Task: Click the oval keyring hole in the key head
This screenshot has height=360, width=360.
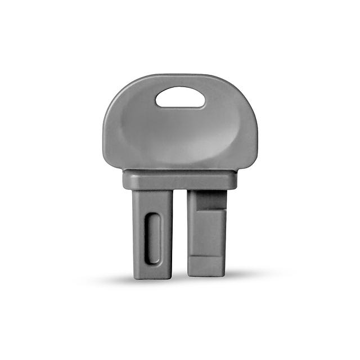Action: [x=180, y=97]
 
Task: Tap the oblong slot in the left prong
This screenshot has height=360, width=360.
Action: [x=152, y=237]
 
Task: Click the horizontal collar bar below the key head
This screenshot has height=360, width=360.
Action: [x=180, y=180]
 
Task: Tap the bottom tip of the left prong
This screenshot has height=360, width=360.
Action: [x=152, y=274]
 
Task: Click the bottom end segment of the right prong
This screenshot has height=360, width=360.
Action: [x=206, y=267]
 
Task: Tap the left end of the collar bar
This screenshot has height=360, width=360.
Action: [x=127, y=180]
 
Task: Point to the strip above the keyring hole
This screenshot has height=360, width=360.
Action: [x=180, y=80]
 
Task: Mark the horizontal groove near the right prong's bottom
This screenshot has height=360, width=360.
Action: [x=206, y=256]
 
